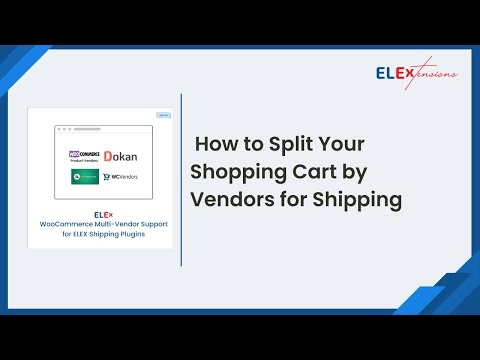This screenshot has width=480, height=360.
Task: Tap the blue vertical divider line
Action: pos(181,180)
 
